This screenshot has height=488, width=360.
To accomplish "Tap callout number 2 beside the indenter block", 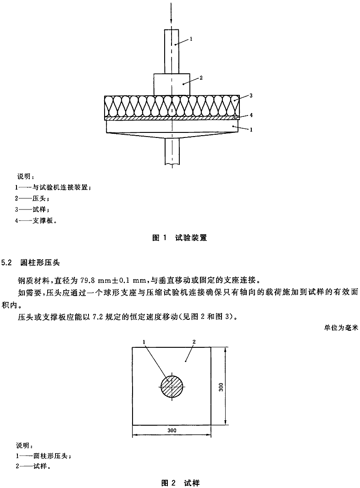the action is point(201,78).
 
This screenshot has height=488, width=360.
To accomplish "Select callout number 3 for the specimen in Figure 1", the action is point(251,96).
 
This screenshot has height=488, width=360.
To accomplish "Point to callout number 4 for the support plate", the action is point(251,115).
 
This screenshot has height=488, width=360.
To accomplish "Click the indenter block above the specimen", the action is point(172,84).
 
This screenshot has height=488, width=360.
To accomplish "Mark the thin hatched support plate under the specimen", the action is point(172,119).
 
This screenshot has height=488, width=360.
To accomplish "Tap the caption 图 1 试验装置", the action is point(180,238).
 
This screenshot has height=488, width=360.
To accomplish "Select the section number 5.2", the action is point(6,263).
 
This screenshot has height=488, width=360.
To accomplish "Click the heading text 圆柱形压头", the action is point(40,263).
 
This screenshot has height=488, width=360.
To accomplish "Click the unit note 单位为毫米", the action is point(341,328).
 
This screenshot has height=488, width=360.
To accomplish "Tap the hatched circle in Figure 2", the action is point(172,387).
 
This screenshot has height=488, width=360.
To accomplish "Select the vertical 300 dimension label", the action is point(221,387).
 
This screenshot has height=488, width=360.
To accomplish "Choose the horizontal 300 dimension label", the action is point(172,430).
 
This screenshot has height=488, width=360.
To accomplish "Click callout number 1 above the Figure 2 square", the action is point(144,342).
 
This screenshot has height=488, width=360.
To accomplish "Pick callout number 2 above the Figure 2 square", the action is point(194,342).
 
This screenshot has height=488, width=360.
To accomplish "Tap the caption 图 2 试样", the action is point(180,483).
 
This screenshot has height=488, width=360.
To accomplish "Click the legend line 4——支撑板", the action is point(36,221).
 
